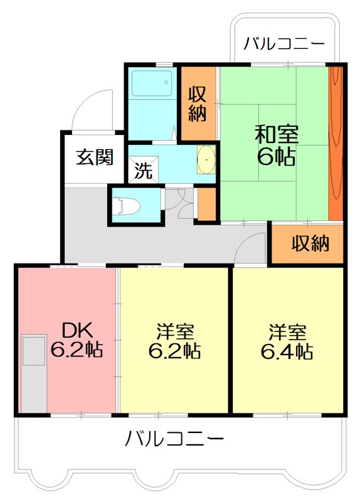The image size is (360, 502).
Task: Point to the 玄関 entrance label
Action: pyautogui.click(x=95, y=157)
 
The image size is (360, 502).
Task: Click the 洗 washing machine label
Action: pyautogui.click(x=144, y=171)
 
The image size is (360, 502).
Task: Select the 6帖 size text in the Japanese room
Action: pyautogui.click(x=276, y=156)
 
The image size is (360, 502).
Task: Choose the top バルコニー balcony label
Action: pyautogui.click(x=284, y=44)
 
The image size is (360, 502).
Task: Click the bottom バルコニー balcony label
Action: pyautogui.click(x=174, y=438)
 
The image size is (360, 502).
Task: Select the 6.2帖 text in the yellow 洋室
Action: pyautogui.click(x=174, y=351)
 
